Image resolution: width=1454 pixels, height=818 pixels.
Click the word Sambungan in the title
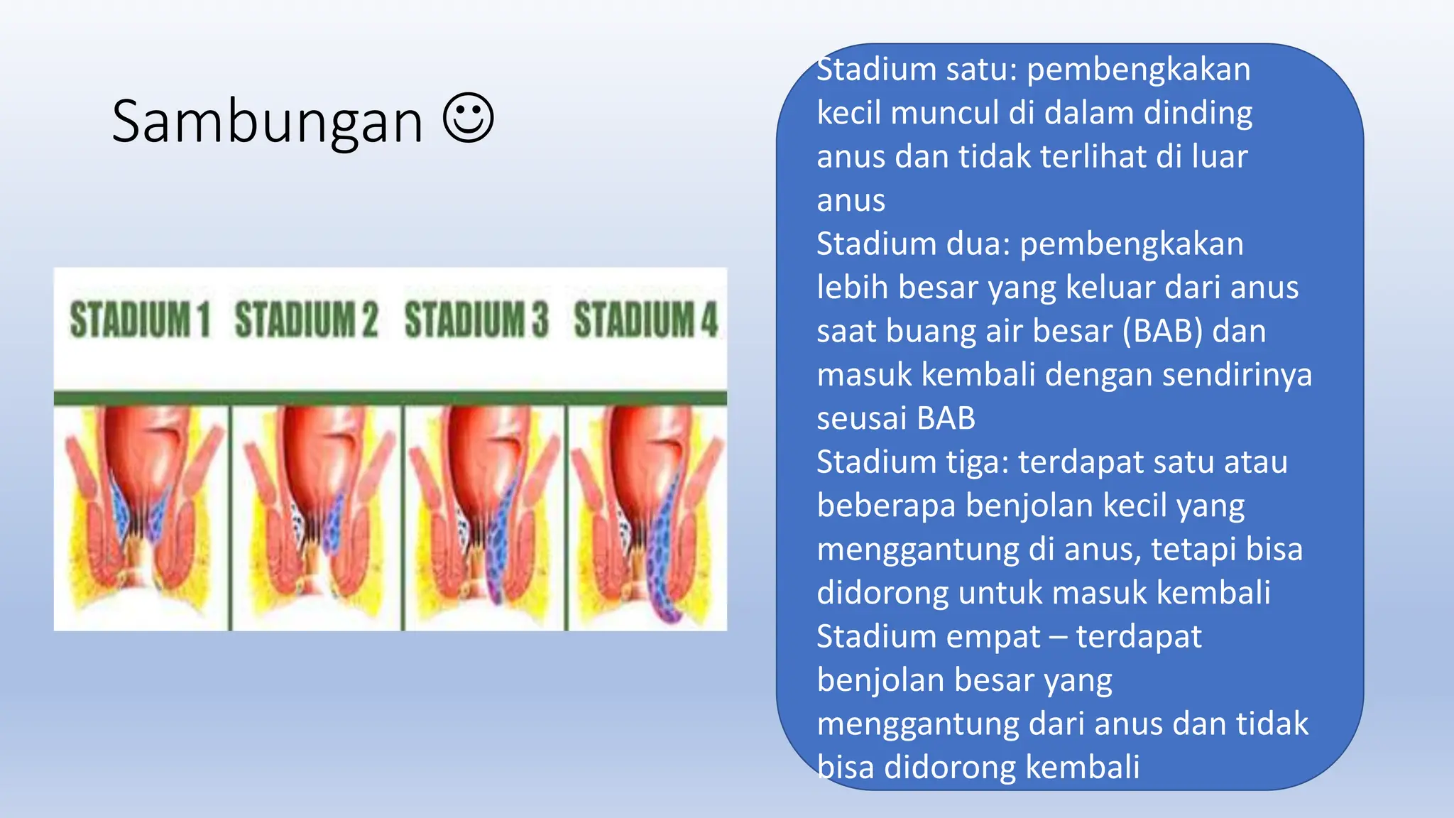267,122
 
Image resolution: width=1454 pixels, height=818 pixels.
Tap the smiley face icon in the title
468,118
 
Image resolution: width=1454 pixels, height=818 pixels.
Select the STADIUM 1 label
140,320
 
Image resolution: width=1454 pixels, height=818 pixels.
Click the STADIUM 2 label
306,320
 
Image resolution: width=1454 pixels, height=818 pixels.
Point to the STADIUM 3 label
476,320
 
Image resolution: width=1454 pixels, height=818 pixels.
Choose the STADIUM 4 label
646,320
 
